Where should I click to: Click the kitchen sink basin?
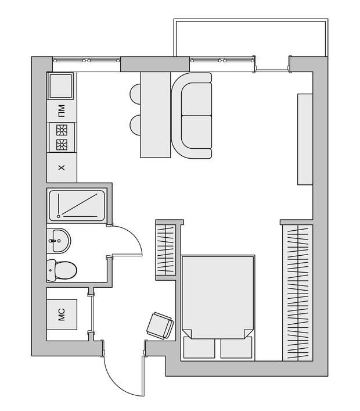[60, 85]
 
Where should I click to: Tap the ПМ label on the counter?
[62, 110]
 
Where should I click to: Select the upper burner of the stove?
[62, 130]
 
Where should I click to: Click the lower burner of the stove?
[62, 145]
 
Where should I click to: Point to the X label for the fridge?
[62, 167]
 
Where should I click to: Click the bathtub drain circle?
[59, 216]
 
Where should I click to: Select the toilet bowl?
[65, 270]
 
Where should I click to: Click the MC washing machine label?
[62, 314]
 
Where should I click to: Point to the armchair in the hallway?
[160, 326]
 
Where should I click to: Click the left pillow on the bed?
[199, 347]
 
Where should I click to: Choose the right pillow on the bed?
[236, 347]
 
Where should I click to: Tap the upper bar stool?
[135, 94]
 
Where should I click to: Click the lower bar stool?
[135, 126]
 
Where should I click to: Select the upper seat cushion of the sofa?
[196, 99]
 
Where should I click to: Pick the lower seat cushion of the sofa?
[196, 133]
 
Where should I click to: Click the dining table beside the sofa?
[156, 115]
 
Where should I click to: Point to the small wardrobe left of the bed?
[165, 250]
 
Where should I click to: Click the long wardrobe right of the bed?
[298, 292]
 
